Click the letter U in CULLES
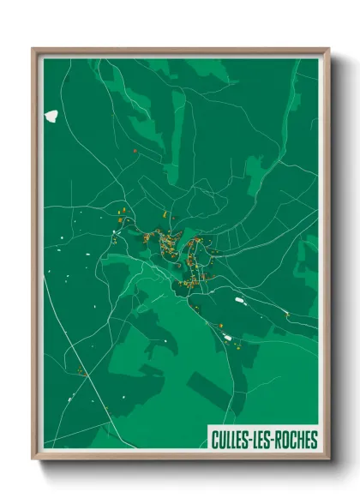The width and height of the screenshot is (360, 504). (223, 441)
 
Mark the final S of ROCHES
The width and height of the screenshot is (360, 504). (314, 441)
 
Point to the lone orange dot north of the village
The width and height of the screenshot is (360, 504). (135, 151)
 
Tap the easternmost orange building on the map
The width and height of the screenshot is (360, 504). (287, 314)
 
